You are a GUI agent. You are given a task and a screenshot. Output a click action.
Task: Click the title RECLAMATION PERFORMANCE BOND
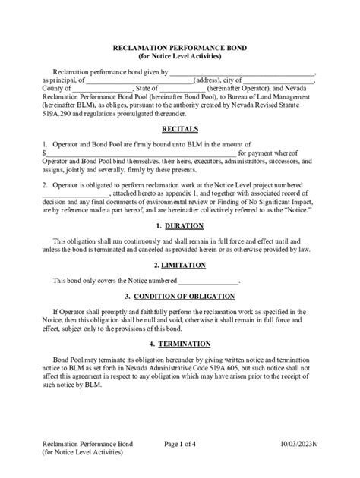180,46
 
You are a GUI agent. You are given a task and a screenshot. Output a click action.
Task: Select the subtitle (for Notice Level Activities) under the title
180,55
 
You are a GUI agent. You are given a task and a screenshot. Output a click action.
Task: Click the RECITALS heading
180,129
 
